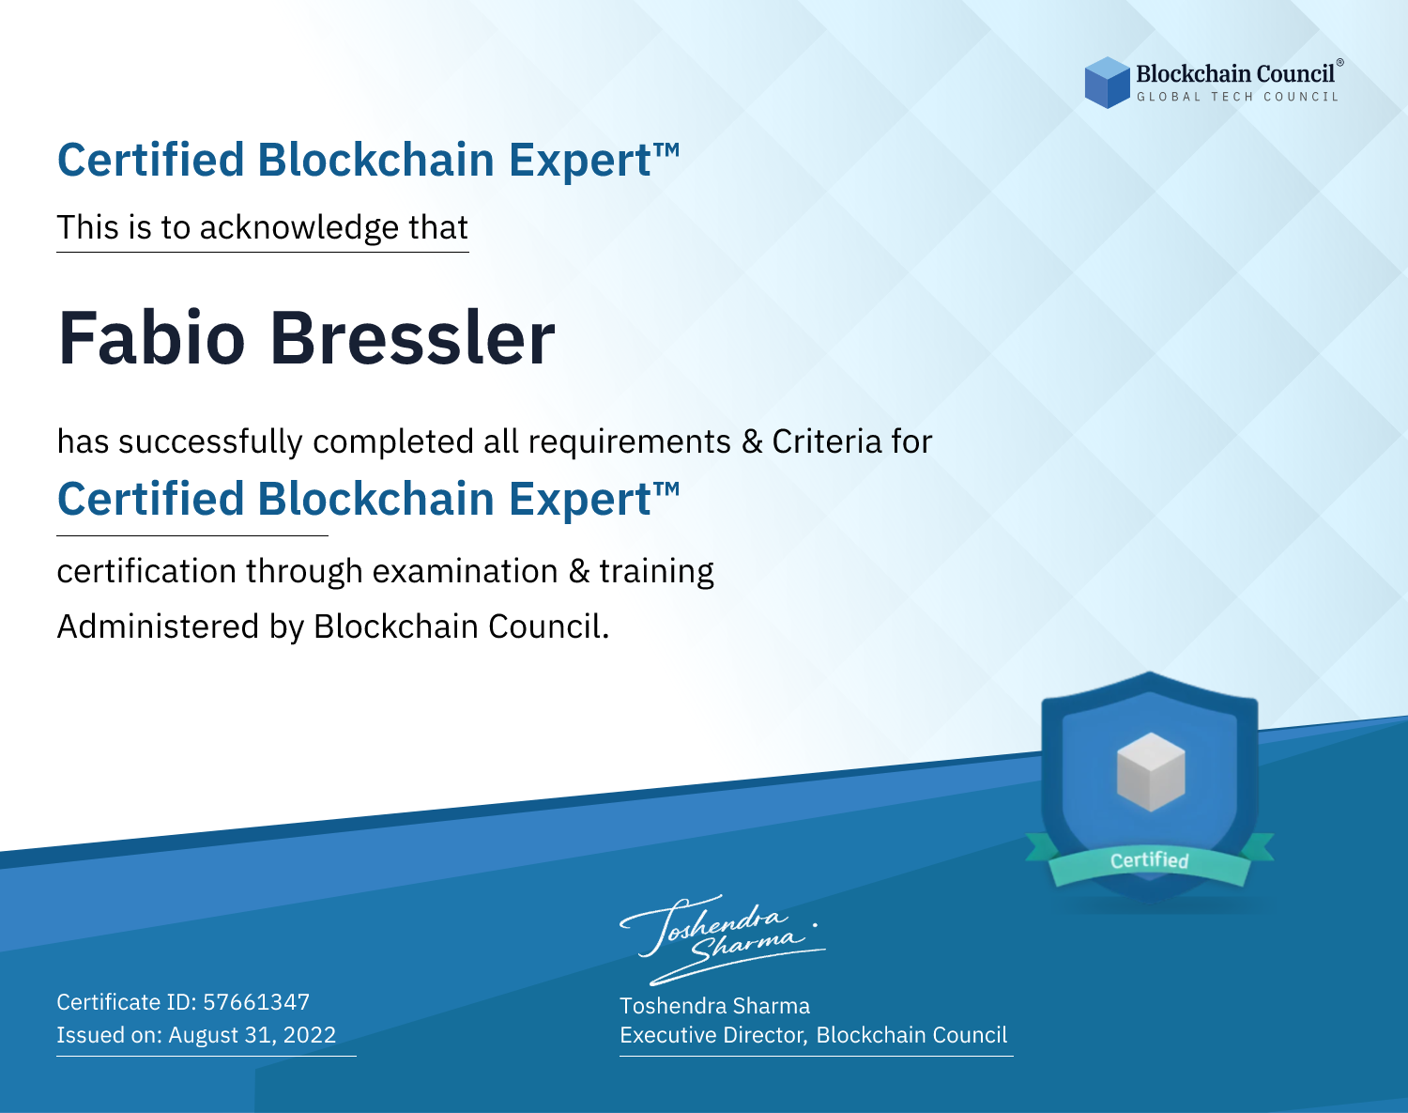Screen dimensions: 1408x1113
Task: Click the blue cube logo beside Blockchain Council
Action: tap(1107, 83)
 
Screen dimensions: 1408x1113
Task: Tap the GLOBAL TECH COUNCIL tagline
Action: tap(1238, 97)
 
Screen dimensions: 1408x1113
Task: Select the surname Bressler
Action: tap(413, 338)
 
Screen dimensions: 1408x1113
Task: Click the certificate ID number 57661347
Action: tap(256, 1001)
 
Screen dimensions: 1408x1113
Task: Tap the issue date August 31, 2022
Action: tap(252, 1034)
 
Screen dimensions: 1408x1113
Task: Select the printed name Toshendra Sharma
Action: tap(714, 1006)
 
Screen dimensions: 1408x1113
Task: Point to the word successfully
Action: tap(210, 442)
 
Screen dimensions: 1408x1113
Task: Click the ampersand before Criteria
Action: tap(752, 441)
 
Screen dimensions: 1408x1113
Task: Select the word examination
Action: tap(466, 571)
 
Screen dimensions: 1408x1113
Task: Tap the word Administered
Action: tap(158, 626)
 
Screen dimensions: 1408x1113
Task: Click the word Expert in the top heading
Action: tap(580, 161)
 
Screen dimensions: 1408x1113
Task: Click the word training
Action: tap(657, 572)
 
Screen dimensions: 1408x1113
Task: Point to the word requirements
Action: tap(630, 442)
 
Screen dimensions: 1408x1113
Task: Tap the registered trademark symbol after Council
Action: tap(1340, 63)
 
